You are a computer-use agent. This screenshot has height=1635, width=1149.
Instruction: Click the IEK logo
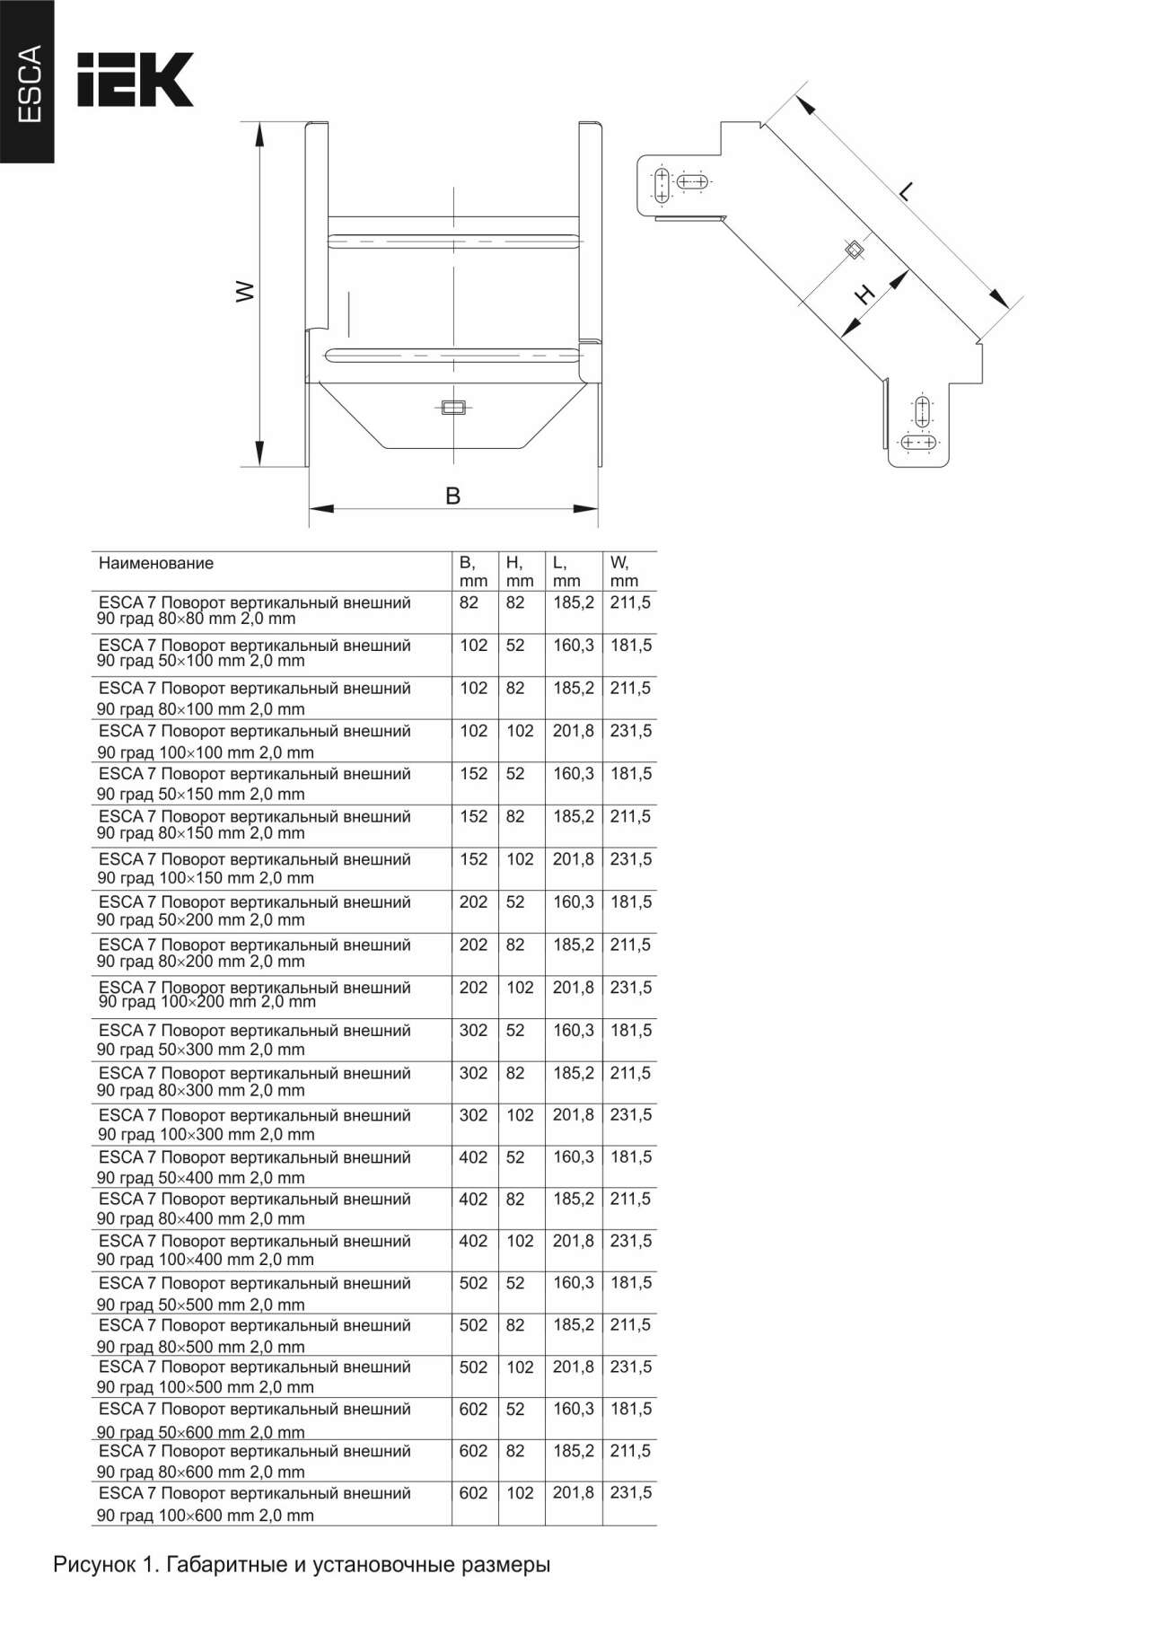tap(135, 80)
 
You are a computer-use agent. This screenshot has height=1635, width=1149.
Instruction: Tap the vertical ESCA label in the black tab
tap(30, 84)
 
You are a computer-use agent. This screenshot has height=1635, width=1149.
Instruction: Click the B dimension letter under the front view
tap(453, 496)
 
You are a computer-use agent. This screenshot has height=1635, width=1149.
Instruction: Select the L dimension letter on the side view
tap(907, 190)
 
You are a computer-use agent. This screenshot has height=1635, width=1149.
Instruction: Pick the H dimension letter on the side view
tap(864, 294)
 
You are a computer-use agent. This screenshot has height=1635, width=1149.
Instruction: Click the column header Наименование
tap(156, 564)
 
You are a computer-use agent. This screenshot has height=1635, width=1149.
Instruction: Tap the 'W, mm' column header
tap(624, 572)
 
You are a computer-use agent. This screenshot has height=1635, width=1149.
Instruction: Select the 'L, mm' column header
tap(566, 572)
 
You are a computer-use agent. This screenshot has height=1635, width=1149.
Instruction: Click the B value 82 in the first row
tap(469, 603)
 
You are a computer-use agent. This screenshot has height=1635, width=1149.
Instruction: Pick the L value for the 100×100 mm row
tap(574, 732)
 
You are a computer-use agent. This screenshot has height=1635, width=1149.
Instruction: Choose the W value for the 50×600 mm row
tap(631, 1410)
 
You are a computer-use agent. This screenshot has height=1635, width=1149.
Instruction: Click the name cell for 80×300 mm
tap(254, 1082)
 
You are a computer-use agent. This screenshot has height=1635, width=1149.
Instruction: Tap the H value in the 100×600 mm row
tap(520, 1493)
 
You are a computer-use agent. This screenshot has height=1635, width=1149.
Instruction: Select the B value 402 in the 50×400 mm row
tap(473, 1158)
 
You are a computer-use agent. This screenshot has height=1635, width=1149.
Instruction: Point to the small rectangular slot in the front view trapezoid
tap(452, 407)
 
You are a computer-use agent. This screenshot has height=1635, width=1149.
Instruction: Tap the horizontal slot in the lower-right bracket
tap(919, 443)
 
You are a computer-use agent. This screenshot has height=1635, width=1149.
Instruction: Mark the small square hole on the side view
tap(855, 249)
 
